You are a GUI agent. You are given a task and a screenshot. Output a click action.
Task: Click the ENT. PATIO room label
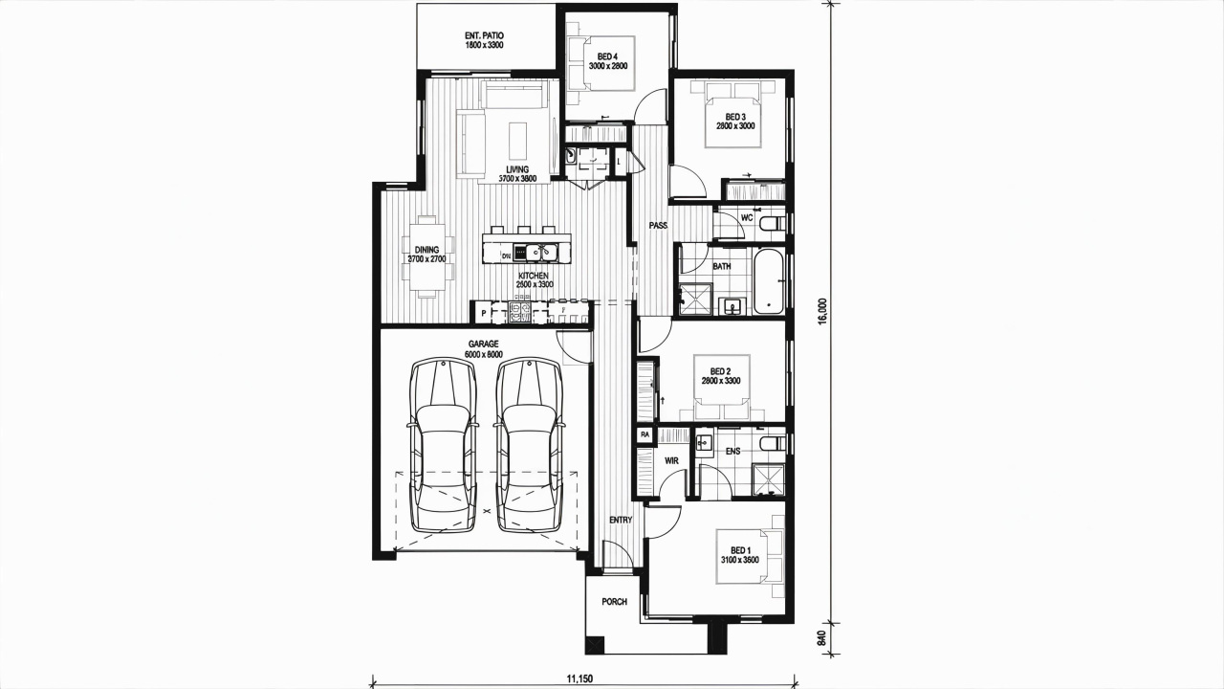click(x=484, y=35)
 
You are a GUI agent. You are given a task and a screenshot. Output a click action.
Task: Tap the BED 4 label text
click(x=607, y=56)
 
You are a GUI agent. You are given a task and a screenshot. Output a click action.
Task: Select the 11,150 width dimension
click(x=579, y=679)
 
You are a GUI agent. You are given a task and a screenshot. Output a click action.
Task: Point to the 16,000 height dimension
click(x=823, y=311)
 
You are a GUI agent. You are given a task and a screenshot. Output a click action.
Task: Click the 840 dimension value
click(x=823, y=638)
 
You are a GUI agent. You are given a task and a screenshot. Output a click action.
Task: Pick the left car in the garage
click(x=443, y=446)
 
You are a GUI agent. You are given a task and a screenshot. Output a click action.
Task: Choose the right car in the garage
click(x=529, y=446)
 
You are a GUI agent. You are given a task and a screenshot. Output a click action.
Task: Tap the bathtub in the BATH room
click(x=770, y=282)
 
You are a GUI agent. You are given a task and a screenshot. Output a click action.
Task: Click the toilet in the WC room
click(x=774, y=224)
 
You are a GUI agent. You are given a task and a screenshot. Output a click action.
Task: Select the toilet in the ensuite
click(x=774, y=443)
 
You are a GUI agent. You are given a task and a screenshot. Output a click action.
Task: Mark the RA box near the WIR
click(x=645, y=434)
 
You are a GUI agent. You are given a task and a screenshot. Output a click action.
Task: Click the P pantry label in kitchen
click(x=484, y=313)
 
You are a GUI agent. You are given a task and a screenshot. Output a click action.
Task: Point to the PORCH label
click(x=614, y=602)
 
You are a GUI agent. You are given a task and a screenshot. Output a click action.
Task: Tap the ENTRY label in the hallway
click(x=621, y=520)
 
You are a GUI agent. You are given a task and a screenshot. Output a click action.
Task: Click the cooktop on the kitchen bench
click(x=520, y=312)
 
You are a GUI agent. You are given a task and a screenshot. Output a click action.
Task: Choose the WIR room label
click(x=671, y=461)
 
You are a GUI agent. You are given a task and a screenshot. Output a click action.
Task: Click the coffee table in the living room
click(x=518, y=141)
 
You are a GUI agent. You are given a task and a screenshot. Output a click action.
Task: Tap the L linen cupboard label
click(x=619, y=162)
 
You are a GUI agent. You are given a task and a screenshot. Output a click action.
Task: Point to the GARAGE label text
click(x=484, y=344)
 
